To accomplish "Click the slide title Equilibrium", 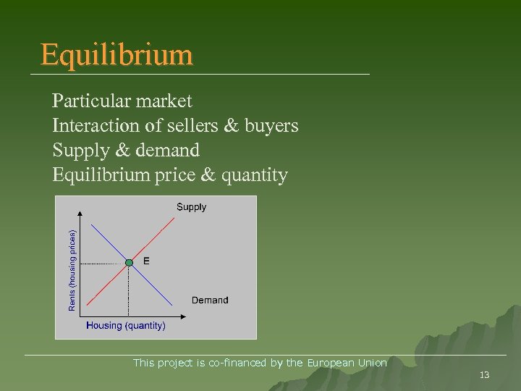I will click(117, 55).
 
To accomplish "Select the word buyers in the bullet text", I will click(271, 126).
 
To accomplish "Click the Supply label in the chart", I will click(191, 207).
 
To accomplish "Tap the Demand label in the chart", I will click(210, 300).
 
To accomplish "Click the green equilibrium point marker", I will click(129, 262).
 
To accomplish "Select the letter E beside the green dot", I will click(147, 261).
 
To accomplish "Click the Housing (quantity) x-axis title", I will click(126, 326).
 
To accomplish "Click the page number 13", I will click(485, 374).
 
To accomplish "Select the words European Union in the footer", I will click(347, 363).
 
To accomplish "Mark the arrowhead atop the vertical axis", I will click(79, 213).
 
